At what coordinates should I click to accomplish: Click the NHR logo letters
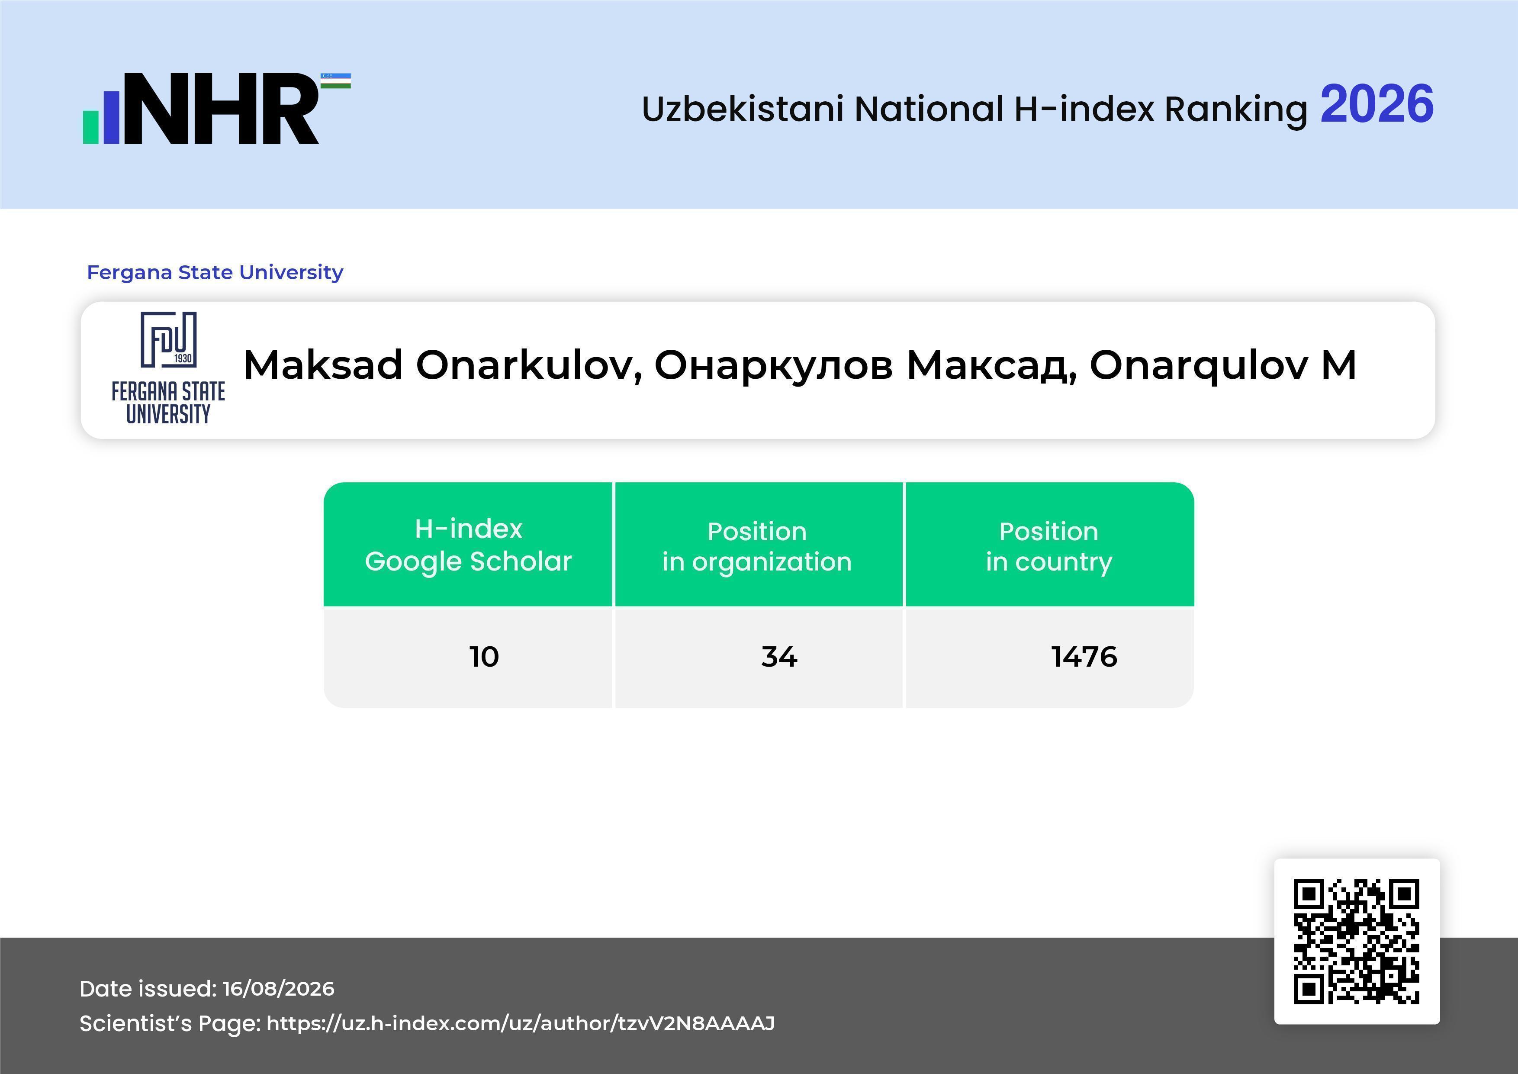(x=221, y=109)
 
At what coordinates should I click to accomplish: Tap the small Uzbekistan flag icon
(x=336, y=81)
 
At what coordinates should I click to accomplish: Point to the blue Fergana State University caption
(x=215, y=272)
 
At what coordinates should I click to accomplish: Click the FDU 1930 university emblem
(x=169, y=368)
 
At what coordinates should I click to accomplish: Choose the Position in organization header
(x=757, y=546)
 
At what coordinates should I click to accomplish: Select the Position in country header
(x=1048, y=546)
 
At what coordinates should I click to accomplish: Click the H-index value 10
(x=484, y=657)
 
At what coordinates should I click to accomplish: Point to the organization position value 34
(x=779, y=657)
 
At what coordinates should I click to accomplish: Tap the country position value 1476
(x=1084, y=657)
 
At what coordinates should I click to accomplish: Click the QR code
(x=1357, y=941)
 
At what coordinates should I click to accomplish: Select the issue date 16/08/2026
(x=278, y=989)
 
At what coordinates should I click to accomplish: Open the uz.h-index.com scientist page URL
(x=520, y=1024)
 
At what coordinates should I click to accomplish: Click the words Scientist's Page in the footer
(x=170, y=1024)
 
